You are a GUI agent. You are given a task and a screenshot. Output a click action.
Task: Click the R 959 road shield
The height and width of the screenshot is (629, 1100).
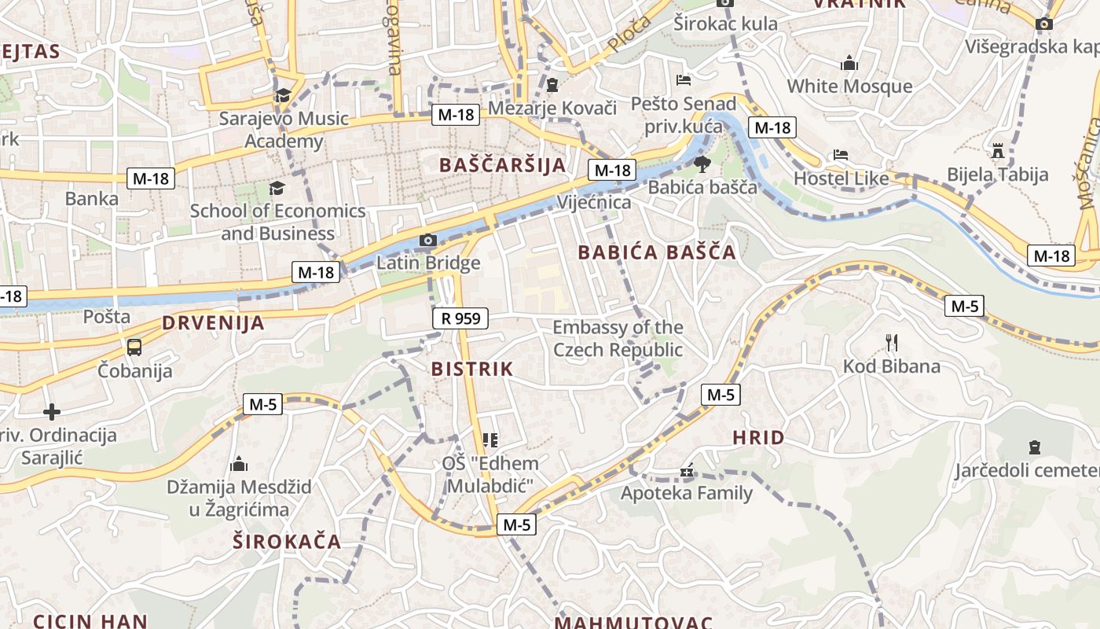(x=460, y=318)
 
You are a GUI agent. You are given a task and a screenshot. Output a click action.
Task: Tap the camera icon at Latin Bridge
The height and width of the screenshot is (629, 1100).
(x=428, y=241)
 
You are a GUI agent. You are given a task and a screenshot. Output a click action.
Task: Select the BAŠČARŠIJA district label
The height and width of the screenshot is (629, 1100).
(x=503, y=165)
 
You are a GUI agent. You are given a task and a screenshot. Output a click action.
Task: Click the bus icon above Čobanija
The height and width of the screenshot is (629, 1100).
(x=134, y=347)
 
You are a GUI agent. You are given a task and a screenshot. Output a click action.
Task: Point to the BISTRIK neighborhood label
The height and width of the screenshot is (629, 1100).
(x=471, y=369)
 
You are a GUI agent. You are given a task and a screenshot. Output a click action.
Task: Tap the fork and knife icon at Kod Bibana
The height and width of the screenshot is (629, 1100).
(x=891, y=343)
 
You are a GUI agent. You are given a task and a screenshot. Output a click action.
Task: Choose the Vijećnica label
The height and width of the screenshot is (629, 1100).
(x=594, y=203)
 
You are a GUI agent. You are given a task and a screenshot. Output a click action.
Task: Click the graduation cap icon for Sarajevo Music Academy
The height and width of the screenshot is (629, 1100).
(x=282, y=96)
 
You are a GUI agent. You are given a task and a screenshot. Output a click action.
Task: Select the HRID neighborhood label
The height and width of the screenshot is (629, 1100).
(x=758, y=438)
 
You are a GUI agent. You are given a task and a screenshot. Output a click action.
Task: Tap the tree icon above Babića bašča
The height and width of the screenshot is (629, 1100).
(x=702, y=164)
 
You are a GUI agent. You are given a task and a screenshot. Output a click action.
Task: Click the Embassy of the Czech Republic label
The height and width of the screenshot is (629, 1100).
(x=618, y=338)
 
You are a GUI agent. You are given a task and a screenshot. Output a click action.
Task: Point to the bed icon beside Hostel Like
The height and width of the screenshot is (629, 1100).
(x=841, y=156)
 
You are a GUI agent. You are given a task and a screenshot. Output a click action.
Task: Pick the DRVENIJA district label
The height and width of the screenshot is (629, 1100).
(x=213, y=323)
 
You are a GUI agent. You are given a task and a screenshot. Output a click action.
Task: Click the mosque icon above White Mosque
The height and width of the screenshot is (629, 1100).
(x=849, y=63)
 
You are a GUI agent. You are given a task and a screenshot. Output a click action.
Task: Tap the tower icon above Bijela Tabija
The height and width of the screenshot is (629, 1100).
(x=998, y=150)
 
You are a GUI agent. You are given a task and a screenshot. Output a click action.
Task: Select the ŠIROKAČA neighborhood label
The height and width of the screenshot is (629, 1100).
(x=287, y=541)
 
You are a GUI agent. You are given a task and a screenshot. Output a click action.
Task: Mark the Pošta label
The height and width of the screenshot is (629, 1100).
(x=107, y=317)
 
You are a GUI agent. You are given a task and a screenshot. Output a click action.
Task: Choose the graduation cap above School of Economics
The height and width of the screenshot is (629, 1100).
(x=277, y=188)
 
